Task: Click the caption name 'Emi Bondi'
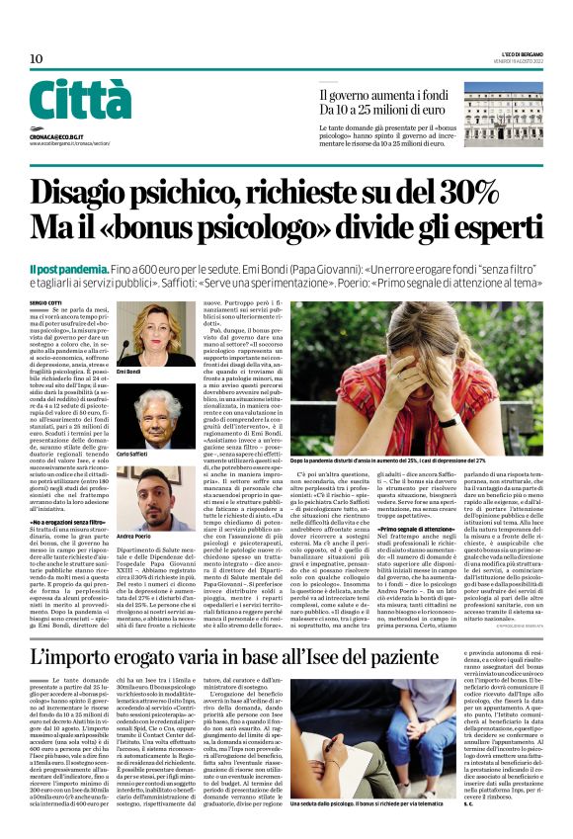point(129,371)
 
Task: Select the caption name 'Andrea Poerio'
point(134,536)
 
